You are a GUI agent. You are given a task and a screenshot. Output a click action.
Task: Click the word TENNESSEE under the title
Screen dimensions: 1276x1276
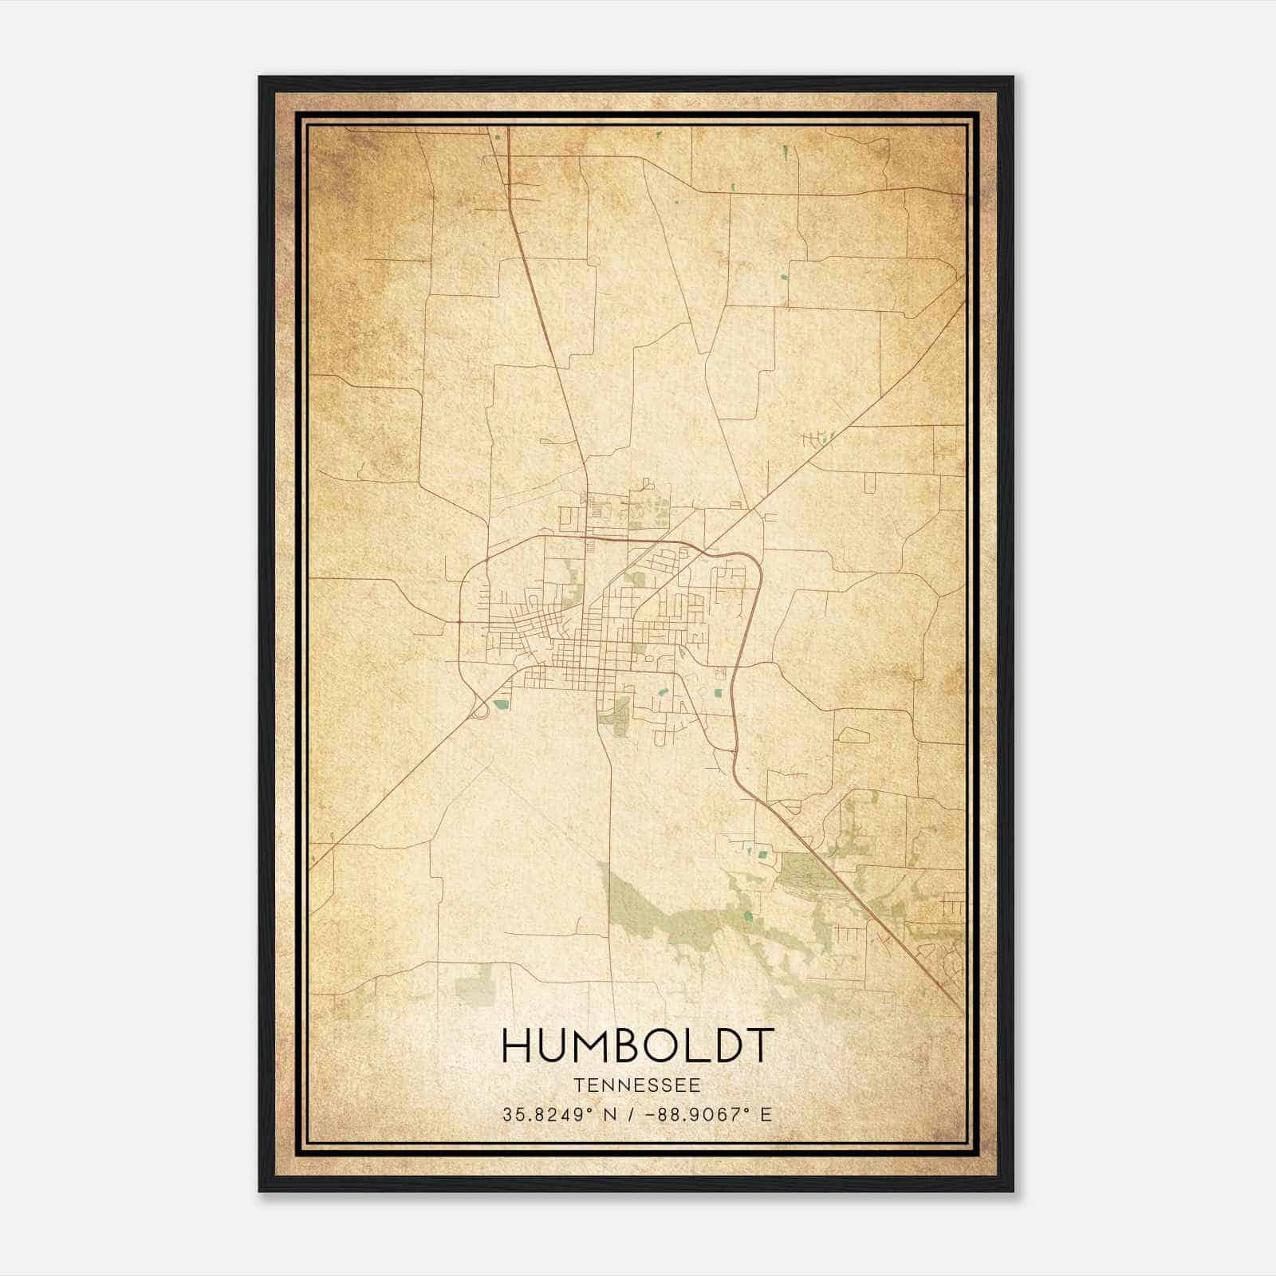click(x=636, y=1085)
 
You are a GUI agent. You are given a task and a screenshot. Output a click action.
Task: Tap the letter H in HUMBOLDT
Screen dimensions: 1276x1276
click(x=519, y=1046)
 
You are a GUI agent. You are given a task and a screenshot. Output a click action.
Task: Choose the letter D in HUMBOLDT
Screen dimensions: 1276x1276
click(x=724, y=1046)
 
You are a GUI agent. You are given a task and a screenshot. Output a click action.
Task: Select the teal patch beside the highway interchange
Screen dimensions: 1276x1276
click(x=502, y=704)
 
